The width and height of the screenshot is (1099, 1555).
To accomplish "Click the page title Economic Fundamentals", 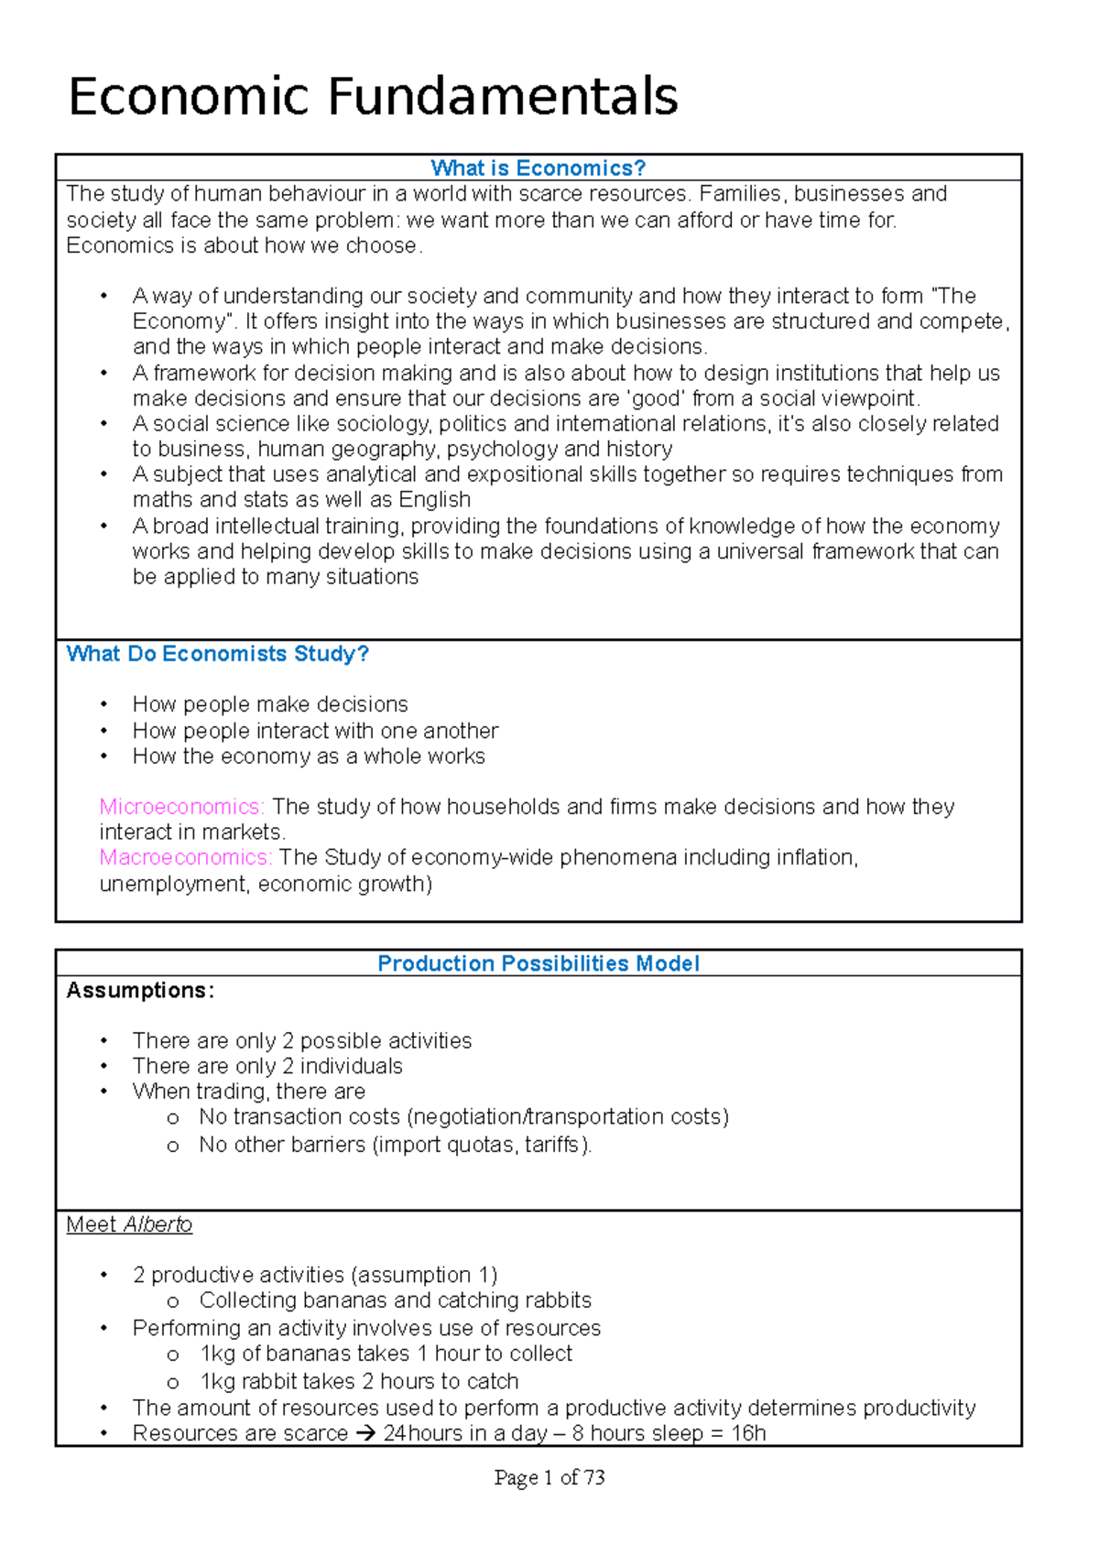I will (x=373, y=97).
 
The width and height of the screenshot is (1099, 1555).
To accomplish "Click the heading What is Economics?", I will (x=538, y=169).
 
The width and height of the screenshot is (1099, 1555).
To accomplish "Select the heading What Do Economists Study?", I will (x=217, y=654).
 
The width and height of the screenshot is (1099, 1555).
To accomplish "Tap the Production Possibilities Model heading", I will (x=538, y=963).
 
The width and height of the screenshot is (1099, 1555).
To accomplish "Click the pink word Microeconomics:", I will (x=181, y=807).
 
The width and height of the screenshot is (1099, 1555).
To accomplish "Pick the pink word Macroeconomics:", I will (x=185, y=858).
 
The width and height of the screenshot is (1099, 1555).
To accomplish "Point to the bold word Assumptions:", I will (x=140, y=991).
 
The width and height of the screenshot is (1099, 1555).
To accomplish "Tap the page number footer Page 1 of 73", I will (x=549, y=1477).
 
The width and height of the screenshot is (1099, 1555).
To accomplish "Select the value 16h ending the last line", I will (x=748, y=1434).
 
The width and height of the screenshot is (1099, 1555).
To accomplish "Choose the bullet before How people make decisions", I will (x=104, y=705).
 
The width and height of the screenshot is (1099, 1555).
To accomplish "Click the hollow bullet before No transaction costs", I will (x=172, y=1118).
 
